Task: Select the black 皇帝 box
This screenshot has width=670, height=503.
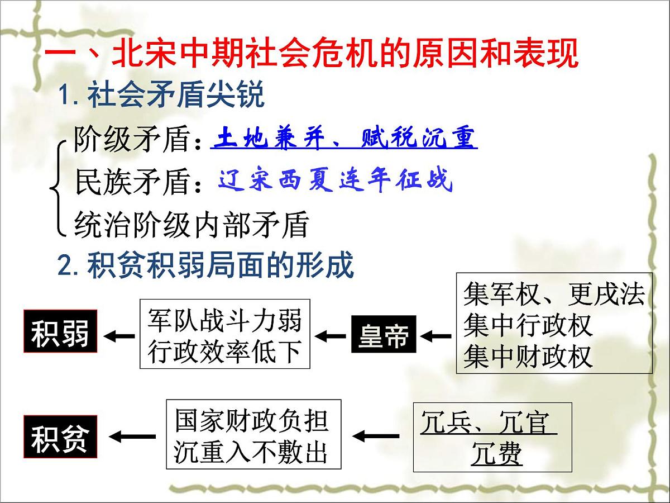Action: point(384,335)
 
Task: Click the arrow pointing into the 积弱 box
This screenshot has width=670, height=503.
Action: point(120,336)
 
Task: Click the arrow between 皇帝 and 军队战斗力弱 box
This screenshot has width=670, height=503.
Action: point(331,336)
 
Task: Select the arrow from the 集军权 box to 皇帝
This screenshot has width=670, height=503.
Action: point(436,336)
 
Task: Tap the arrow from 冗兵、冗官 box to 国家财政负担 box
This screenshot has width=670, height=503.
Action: point(376,435)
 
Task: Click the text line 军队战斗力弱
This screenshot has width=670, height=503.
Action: point(224,320)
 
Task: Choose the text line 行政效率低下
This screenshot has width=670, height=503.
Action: point(224,352)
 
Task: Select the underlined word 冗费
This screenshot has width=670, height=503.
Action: point(496,454)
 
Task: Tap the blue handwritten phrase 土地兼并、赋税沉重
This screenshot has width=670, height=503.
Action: point(344,138)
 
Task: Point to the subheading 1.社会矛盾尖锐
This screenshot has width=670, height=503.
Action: point(162,97)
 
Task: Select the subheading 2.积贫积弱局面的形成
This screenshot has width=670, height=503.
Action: point(206,265)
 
